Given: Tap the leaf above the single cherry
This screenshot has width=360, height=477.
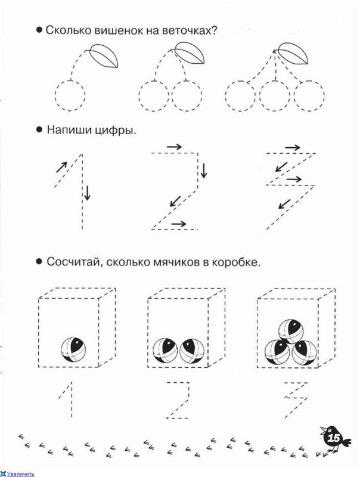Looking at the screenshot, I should [104, 58].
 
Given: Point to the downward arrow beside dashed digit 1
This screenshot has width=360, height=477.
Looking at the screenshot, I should [88, 193].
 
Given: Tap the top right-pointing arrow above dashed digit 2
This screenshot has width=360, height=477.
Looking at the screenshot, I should [174, 146].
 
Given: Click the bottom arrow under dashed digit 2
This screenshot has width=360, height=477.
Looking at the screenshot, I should [177, 224].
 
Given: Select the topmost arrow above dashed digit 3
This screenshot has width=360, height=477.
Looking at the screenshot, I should [292, 147].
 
